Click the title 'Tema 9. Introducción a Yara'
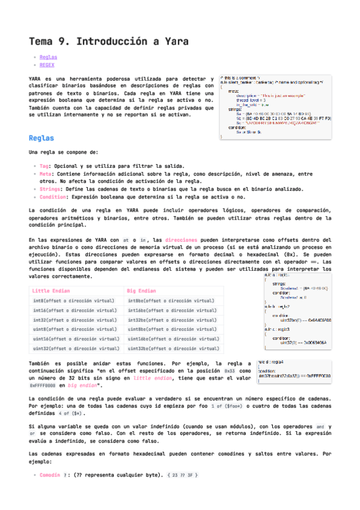(108, 42)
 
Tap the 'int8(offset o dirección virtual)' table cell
(74, 300)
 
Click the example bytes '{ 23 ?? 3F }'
(183, 475)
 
